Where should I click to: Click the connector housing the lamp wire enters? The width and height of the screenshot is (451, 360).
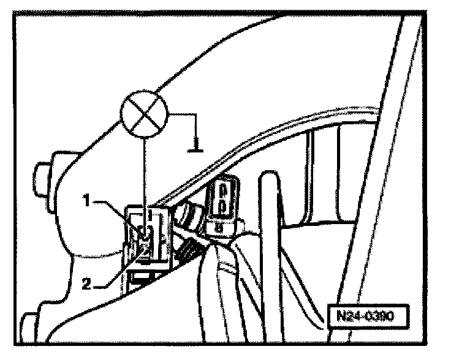click(147, 236)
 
